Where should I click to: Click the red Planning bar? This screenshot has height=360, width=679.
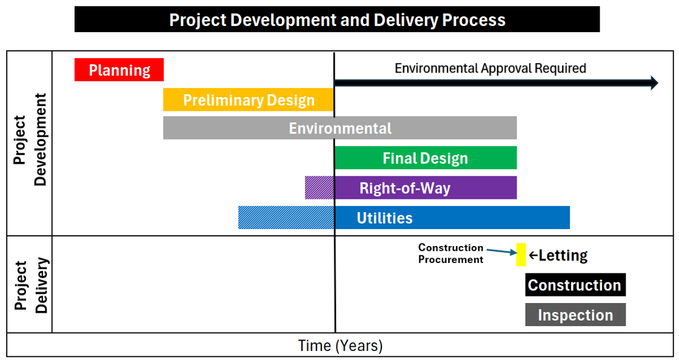click(x=119, y=70)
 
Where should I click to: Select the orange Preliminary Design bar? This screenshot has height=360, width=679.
click(x=248, y=99)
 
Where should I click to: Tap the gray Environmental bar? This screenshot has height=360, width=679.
click(x=340, y=128)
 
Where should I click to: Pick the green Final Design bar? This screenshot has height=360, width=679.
click(x=426, y=158)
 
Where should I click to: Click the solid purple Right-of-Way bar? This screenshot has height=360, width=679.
click(x=426, y=188)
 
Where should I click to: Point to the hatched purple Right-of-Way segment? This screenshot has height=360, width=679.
click(x=319, y=188)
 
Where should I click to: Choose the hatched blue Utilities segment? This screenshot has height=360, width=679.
click(x=286, y=218)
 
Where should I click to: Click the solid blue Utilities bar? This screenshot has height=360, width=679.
click(x=452, y=218)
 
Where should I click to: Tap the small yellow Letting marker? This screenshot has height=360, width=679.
click(x=521, y=255)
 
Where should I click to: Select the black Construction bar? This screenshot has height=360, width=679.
click(x=575, y=285)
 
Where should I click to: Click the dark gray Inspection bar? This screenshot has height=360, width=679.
click(x=575, y=315)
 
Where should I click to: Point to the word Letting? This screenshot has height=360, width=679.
click(x=563, y=255)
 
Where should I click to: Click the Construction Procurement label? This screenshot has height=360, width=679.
click(x=450, y=253)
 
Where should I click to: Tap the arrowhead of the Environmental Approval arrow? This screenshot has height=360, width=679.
click(x=654, y=82)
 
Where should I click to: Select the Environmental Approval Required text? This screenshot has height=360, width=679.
click(x=490, y=68)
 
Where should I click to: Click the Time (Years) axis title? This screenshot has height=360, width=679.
click(x=340, y=345)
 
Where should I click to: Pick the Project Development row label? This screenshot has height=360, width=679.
click(x=30, y=140)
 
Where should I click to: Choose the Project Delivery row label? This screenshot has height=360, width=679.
click(x=30, y=285)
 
